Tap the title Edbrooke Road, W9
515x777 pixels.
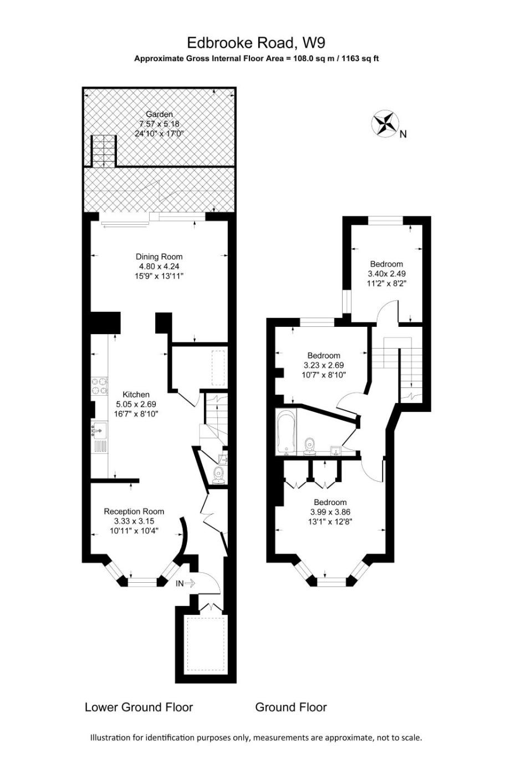coord(256,43)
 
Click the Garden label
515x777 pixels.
coord(159,114)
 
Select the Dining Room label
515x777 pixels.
coord(159,256)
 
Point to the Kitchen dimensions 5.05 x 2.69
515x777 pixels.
coord(136,404)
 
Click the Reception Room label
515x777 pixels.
coord(134,511)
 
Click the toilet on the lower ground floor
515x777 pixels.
coord(218,475)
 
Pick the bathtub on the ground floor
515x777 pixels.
coord(286,432)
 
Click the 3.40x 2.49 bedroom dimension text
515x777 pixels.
coord(386,273)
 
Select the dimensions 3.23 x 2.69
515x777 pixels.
coord(324,365)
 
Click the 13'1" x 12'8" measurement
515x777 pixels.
coord(330,522)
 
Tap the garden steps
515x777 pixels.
coord(103,151)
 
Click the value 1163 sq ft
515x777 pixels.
coord(360,58)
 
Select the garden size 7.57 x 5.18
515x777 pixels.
coord(159,123)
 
